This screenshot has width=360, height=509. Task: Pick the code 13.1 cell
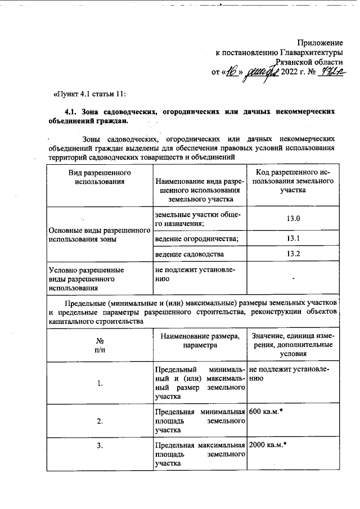(x=294, y=238)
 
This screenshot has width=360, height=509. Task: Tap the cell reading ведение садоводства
(x=189, y=254)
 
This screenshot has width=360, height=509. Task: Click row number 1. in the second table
(x=100, y=384)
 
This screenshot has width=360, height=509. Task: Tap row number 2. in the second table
(x=100, y=421)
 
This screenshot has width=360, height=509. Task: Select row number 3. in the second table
(x=100, y=446)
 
